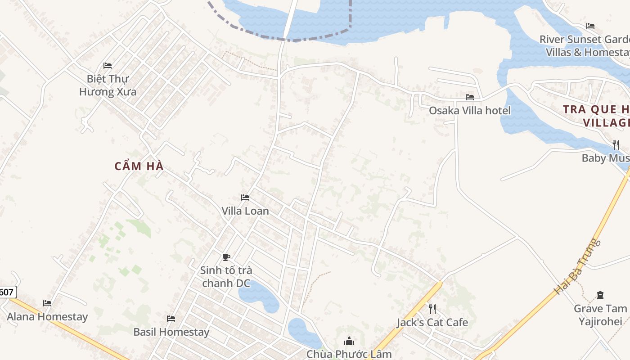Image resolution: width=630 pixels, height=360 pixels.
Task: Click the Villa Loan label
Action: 245,211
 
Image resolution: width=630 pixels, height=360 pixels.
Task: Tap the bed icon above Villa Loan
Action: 245,198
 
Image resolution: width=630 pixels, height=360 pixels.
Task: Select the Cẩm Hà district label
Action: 139,166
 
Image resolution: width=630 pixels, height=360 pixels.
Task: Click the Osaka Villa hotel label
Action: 469,110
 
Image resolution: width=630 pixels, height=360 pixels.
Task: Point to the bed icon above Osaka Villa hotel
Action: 470,97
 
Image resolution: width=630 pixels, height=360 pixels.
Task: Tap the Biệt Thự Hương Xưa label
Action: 108,85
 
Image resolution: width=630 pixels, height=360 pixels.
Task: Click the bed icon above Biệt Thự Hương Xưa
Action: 108,66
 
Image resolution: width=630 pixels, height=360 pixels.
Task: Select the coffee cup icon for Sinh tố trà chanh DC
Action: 226,257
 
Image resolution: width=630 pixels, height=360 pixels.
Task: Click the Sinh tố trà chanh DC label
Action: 226,277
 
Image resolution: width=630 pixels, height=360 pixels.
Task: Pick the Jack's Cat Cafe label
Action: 432,322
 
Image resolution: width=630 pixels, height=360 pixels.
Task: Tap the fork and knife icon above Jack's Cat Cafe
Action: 432,309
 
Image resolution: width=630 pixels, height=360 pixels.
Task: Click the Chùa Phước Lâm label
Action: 349,354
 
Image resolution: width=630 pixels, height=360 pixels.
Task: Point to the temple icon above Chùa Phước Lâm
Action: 349,341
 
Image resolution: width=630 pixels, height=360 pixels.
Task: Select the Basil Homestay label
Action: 171,332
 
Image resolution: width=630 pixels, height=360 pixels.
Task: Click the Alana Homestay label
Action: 47,316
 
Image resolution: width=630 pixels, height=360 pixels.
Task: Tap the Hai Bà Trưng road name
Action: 578,266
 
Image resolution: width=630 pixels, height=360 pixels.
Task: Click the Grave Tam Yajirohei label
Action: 600,315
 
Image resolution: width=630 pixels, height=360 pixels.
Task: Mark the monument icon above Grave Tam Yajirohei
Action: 600,295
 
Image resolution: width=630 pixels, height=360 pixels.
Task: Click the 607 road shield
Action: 7,292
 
